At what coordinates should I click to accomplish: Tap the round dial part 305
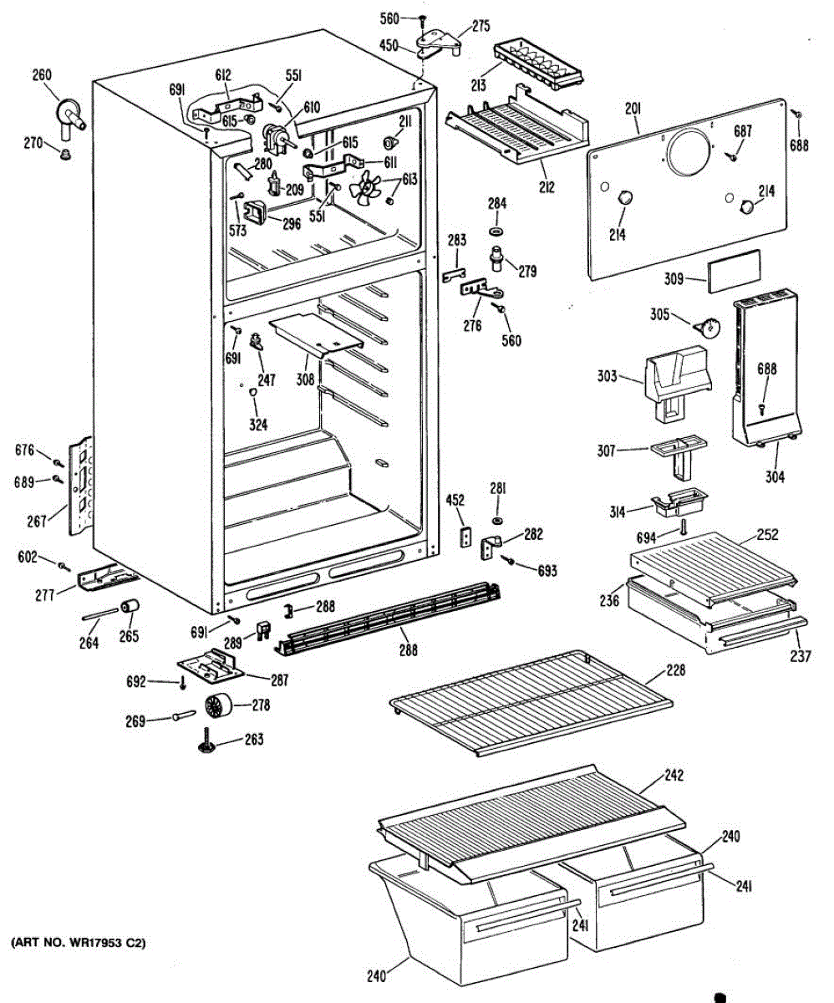click(x=711, y=327)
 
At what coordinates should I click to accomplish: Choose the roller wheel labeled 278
click(x=216, y=706)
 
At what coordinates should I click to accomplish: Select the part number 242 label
click(x=673, y=775)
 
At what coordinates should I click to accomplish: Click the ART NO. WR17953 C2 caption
click(x=78, y=943)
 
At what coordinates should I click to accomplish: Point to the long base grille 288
click(x=393, y=619)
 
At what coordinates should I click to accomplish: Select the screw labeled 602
click(x=64, y=567)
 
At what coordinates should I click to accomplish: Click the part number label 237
click(x=800, y=656)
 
